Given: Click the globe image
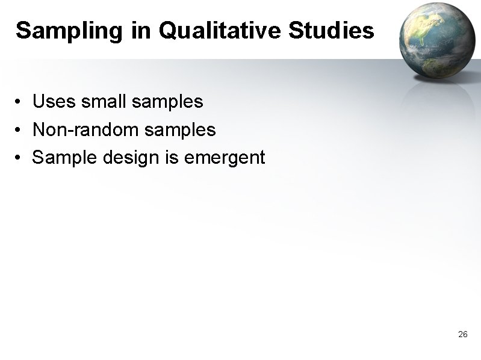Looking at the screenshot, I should coord(435,40).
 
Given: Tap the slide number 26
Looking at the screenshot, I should coord(462,334).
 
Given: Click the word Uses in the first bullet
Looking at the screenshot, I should coord(54,102).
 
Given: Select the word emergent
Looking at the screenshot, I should coord(224,158).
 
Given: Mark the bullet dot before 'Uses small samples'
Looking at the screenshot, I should coord(20,102).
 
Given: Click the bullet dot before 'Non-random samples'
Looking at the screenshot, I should coord(20,130).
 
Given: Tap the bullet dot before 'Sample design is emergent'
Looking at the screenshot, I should coord(20,158).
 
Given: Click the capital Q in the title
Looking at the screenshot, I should coord(169,31).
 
